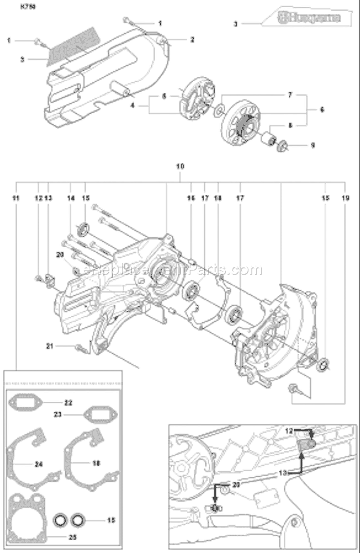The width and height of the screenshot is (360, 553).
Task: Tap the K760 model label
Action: point(28,7)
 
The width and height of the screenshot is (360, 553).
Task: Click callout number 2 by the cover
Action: point(192,40)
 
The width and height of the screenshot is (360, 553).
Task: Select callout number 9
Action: point(312,145)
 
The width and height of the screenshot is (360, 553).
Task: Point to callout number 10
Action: point(180,166)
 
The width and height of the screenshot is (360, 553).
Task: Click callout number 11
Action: point(16,198)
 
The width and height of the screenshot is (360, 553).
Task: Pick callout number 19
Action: point(345,198)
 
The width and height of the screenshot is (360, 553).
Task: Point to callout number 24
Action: point(38,464)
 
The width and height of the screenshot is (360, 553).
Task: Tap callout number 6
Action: point(322,109)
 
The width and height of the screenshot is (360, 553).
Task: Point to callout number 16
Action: point(191,198)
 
